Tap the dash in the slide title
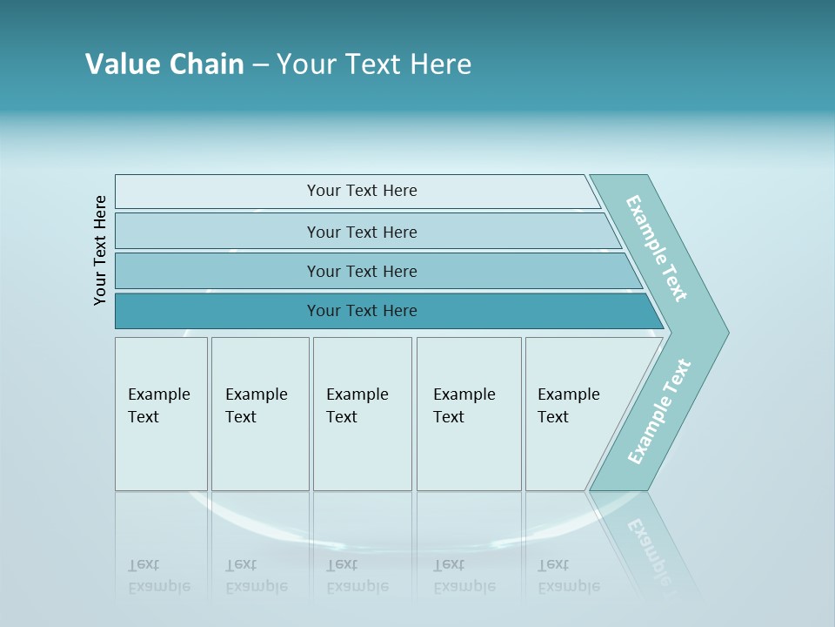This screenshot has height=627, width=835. click(x=260, y=65)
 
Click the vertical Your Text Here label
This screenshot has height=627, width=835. click(x=100, y=251)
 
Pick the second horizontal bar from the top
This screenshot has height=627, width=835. click(x=362, y=232)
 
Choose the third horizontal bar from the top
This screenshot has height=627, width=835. click(x=362, y=271)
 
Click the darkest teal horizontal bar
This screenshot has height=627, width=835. click(x=362, y=311)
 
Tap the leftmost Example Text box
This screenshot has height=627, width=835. click(x=161, y=414)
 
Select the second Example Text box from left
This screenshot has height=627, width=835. click(x=259, y=414)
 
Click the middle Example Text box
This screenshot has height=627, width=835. click(x=361, y=414)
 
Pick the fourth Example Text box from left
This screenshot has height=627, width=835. click(x=468, y=414)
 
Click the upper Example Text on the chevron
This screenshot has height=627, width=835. click(x=657, y=248)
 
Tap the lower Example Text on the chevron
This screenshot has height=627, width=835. click(x=659, y=411)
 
